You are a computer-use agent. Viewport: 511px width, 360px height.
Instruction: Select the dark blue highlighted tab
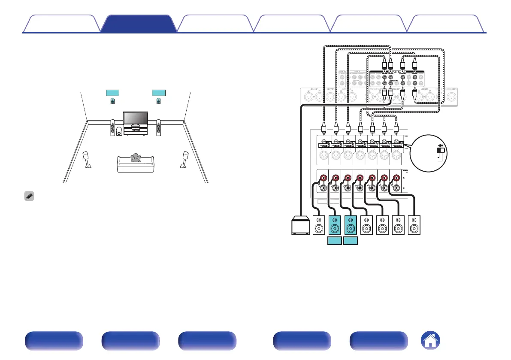coord(139,24)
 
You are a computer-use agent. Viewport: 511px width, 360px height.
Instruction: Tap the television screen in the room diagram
coord(136,118)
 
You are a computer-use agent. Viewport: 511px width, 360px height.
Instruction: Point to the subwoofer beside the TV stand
coord(118,131)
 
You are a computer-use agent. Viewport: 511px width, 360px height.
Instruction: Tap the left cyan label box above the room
coord(112,93)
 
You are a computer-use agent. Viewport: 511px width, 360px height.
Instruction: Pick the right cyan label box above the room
coord(159,93)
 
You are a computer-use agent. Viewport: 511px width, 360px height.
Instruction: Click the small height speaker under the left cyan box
coord(112,102)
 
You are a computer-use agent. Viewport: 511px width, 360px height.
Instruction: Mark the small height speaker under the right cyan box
coord(159,102)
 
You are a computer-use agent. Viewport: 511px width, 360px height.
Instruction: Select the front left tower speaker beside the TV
coord(112,127)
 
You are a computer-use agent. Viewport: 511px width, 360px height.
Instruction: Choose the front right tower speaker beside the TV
coord(159,127)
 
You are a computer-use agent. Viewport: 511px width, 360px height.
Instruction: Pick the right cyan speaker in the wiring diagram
coord(350,225)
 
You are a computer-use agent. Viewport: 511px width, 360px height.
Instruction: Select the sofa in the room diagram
coord(136,165)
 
